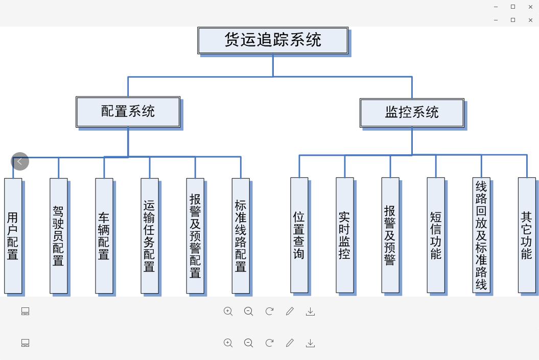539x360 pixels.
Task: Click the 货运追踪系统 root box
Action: tap(273, 40)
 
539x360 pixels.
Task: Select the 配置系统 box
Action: tap(128, 112)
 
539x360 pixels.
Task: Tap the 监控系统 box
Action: tap(412, 113)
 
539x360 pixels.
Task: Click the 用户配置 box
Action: tap(13, 235)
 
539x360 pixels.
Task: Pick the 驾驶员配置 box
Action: tap(59, 235)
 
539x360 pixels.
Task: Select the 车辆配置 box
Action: tap(104, 235)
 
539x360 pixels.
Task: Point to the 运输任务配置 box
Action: tap(150, 235)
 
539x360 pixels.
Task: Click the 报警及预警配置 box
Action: tap(195, 235)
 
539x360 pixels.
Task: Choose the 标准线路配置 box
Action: tap(241, 235)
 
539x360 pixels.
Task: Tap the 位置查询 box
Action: tap(299, 235)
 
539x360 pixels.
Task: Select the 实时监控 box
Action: tap(345, 235)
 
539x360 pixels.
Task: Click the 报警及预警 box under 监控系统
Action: tap(390, 235)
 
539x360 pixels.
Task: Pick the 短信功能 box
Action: tap(436, 235)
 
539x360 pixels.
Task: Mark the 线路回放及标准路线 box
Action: tap(481, 235)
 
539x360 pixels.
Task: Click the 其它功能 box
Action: tap(527, 235)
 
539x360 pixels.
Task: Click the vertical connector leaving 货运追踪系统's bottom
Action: tap(273, 65)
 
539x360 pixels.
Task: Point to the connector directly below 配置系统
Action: tap(128, 141)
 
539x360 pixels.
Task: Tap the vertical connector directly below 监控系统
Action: tap(412, 140)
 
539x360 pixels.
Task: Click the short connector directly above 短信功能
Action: tap(436, 166)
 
